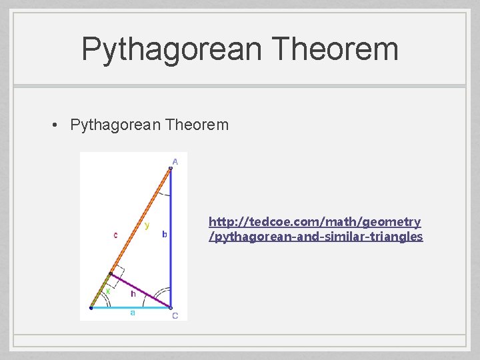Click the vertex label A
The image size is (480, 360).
click(x=175, y=161)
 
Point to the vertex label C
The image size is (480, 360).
click(x=175, y=316)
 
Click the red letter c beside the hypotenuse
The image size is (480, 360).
click(x=116, y=235)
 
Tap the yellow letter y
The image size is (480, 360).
click(x=147, y=225)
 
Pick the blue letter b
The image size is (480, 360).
click(x=165, y=234)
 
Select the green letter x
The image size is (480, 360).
click(x=107, y=291)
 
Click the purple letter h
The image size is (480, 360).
click(x=133, y=293)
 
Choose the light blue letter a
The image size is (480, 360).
click(x=132, y=313)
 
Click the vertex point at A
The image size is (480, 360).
click(x=170, y=169)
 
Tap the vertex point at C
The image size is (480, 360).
click(x=170, y=308)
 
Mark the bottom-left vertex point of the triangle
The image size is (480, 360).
click(x=91, y=308)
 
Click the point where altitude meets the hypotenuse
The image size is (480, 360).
click(x=111, y=274)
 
